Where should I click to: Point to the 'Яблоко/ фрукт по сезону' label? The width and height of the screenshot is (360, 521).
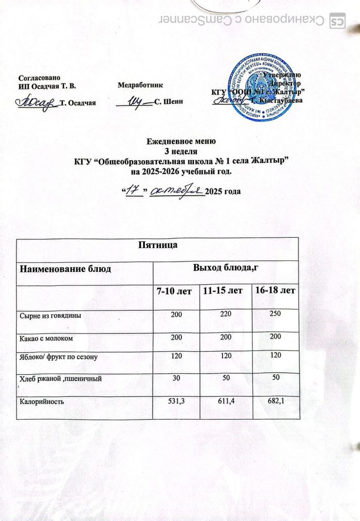click(x=59, y=358)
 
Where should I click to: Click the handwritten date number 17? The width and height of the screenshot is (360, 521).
click(x=135, y=191)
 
